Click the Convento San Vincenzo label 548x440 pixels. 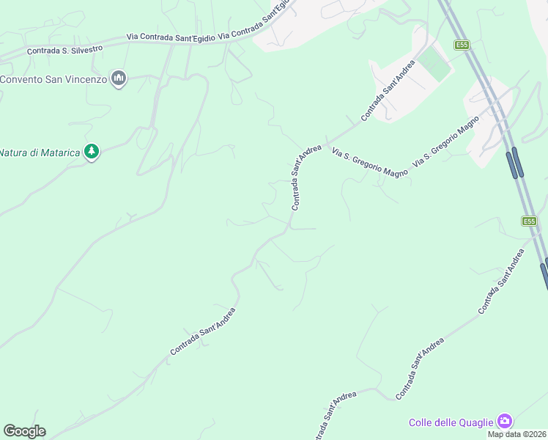click(x=53, y=79)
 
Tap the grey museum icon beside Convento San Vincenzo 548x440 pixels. click(x=119, y=78)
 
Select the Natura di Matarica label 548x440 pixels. click(x=40, y=153)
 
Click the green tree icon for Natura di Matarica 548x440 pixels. click(x=91, y=152)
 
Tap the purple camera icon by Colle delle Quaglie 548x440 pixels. click(x=504, y=421)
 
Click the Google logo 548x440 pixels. click(x=24, y=431)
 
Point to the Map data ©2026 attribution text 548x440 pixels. click(x=517, y=434)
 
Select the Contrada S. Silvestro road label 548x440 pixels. click(x=64, y=49)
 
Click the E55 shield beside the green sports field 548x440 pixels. click(x=462, y=45)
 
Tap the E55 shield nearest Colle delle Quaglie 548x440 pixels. click(x=530, y=221)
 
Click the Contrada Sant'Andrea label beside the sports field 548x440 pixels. click(x=388, y=89)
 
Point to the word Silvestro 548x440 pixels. click(x=87, y=48)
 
